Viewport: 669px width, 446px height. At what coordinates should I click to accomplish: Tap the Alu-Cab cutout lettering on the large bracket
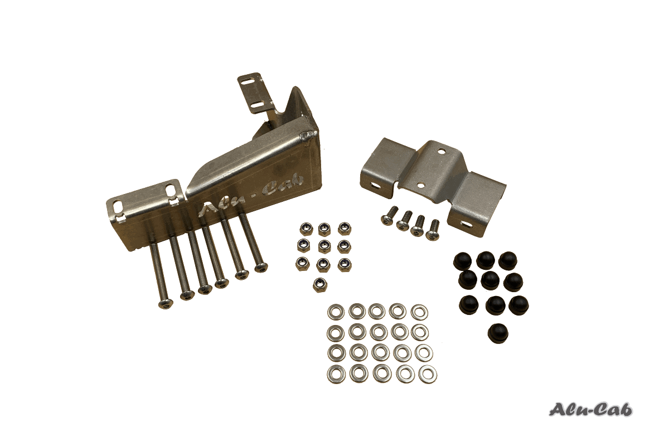[250, 193]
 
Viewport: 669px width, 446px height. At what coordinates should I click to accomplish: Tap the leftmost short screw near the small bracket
[386, 220]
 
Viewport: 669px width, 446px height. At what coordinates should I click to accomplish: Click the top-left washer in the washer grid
[336, 312]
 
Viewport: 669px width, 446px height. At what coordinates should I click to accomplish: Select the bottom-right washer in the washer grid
[428, 375]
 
